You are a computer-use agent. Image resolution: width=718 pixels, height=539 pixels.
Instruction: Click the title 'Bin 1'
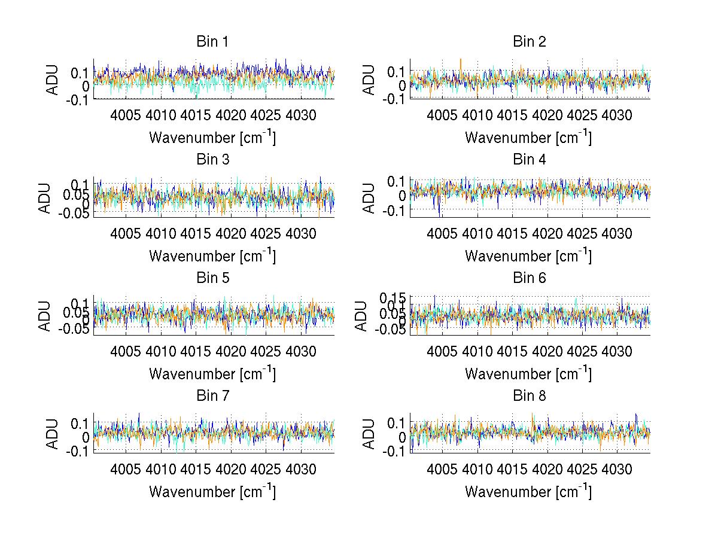click(212, 42)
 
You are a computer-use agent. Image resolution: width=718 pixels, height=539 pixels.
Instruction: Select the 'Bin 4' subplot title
click(529, 160)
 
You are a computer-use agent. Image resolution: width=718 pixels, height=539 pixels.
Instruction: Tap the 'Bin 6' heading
click(529, 278)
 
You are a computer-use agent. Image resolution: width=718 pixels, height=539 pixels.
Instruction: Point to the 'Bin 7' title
click(212, 395)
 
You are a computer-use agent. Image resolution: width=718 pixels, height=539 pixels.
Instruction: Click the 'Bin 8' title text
click(529, 395)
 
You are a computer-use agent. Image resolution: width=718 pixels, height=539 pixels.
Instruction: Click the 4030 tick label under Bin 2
click(617, 115)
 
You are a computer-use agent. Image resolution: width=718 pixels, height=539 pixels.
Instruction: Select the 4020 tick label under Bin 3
click(231, 233)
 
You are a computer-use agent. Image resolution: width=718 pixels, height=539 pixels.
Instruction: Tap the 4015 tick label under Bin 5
click(196, 351)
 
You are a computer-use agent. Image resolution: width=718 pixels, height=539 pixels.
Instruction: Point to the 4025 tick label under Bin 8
click(582, 468)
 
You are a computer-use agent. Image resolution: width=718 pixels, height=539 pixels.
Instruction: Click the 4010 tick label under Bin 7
click(161, 468)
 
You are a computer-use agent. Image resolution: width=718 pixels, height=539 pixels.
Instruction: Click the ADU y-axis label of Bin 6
click(361, 315)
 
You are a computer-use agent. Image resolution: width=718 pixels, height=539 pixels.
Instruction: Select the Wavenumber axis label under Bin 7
click(212, 491)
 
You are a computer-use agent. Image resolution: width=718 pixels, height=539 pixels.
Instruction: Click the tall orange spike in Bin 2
click(461, 63)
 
